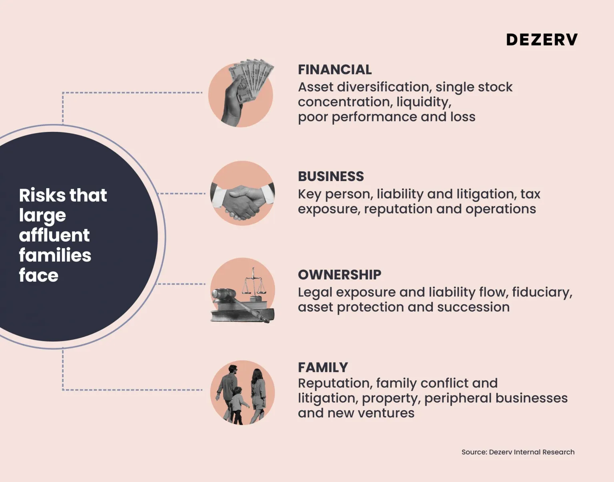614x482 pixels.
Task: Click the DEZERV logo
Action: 542,40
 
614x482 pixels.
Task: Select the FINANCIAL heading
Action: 335,70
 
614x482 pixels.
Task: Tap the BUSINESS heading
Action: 331,176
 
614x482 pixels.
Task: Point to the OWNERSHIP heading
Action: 339,275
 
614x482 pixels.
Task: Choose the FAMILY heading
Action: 323,367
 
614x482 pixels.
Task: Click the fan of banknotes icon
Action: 252,78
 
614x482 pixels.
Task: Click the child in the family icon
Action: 237,404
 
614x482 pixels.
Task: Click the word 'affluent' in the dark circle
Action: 54,235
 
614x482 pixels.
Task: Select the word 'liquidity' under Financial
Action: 423,102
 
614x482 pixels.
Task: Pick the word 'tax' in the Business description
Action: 530,194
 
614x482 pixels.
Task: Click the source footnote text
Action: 518,452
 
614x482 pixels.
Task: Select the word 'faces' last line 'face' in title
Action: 39,275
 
